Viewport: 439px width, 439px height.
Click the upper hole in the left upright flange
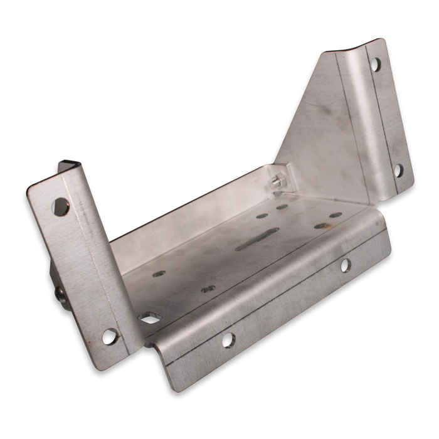(60, 207)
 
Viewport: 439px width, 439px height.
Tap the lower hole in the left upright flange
(110, 336)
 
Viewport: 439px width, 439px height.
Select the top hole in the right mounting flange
(374, 63)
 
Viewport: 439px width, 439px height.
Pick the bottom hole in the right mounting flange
(398, 169)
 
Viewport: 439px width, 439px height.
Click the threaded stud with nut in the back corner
(277, 181)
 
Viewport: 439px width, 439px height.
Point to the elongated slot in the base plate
(257, 239)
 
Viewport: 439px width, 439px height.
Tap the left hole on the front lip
(228, 341)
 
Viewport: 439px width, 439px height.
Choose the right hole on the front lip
(345, 265)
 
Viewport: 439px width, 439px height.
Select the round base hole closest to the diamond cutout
(159, 274)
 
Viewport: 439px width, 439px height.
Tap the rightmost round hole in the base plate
(336, 214)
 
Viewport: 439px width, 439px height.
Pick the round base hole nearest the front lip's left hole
(208, 288)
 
